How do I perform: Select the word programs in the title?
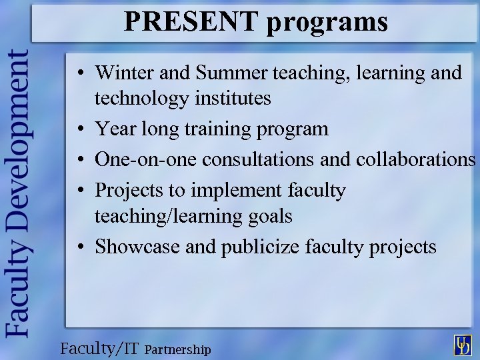327,22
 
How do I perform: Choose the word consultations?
259,159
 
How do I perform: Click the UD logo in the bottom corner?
461,345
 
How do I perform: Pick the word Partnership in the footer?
177,349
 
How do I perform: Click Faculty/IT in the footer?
99,348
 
